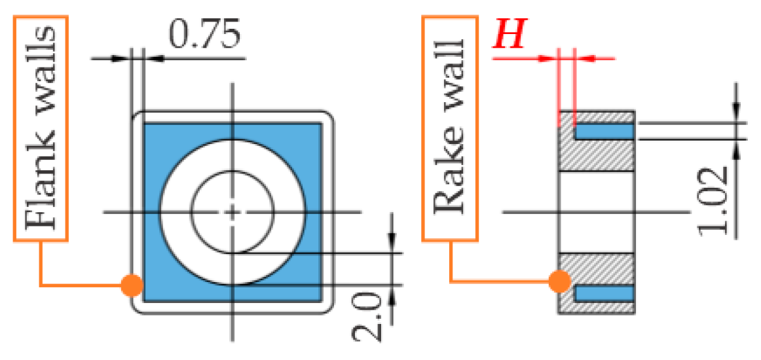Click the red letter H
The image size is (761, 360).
coord(509,36)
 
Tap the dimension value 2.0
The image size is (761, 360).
coord(369,317)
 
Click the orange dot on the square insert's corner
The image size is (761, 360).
coord(132,285)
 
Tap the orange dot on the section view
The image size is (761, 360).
coord(559,281)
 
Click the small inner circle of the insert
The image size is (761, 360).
coord(232,211)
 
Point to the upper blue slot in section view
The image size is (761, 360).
coord(604,132)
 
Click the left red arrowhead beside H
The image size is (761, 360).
coord(548,58)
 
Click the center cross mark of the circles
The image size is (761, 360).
coord(232,211)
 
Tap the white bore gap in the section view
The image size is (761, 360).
coord(595,211)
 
